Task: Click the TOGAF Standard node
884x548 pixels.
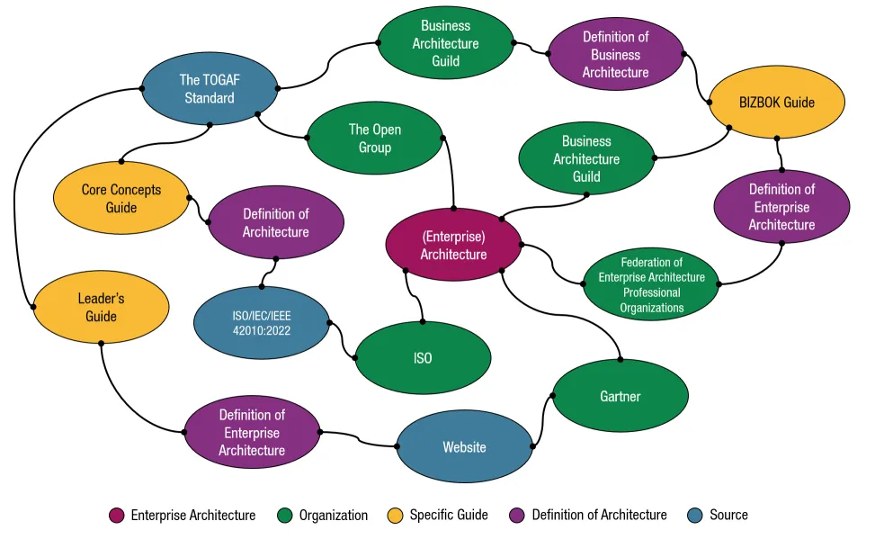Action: coord(209,88)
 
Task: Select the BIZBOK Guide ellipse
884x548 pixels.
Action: coord(777,103)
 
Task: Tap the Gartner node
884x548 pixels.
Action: coord(620,396)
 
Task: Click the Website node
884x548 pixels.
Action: coord(464,447)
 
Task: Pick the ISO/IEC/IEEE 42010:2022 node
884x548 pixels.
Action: coord(262,322)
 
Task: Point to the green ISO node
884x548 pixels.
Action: coord(423,358)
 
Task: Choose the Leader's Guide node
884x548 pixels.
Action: coord(101,307)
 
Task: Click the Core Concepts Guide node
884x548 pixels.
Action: coord(121,198)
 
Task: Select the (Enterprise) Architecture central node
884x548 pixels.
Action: coord(453,245)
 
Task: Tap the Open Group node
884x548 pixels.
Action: coord(375,138)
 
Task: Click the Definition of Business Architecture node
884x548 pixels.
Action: coord(615,54)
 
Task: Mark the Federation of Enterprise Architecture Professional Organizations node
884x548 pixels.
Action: coord(651,284)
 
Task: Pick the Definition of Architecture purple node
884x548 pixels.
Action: coord(275,222)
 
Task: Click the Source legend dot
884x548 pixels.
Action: coord(693,516)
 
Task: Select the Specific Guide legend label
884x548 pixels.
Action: coord(449,516)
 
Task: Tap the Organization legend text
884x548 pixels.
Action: coord(333,516)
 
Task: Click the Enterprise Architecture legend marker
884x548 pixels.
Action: coord(116,516)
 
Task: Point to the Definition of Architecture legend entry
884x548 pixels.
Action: coord(599,516)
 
